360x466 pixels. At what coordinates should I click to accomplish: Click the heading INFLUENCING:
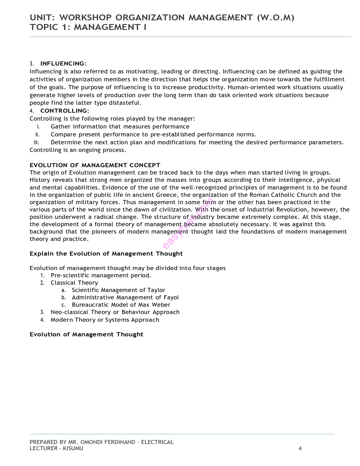pos(63,64)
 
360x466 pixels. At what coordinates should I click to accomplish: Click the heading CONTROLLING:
pos(65,111)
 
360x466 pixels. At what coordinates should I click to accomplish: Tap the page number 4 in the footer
pos(300,448)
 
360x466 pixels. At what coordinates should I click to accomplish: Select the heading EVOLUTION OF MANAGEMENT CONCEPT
pos(95,165)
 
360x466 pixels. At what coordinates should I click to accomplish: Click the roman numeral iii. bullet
pos(36,142)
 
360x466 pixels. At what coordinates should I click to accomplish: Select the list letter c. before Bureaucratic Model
pos(64,305)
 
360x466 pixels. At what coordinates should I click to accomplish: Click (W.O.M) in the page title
pos(276,18)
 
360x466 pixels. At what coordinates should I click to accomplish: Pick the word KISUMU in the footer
pos(73,448)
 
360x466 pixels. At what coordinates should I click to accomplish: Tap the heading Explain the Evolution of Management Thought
pos(106,254)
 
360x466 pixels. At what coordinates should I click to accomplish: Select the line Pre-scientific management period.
pos(101,275)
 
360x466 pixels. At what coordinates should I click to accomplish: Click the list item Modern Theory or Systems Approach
pos(105,320)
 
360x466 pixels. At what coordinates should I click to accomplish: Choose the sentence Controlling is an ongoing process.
pos(78,150)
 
